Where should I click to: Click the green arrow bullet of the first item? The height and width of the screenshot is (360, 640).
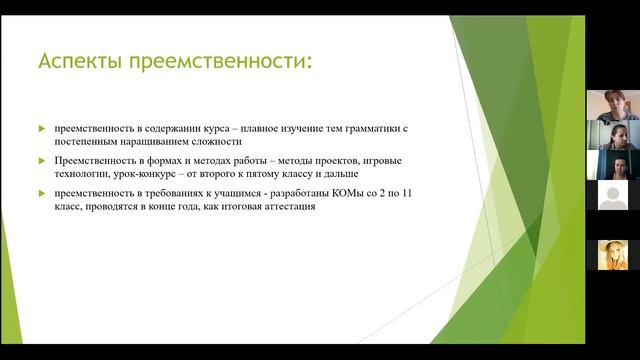[41, 129]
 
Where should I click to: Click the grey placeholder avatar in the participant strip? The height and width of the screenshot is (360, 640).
[612, 196]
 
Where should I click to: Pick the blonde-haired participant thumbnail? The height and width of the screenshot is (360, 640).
[612, 254]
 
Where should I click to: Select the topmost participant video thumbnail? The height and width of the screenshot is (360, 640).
[612, 104]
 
